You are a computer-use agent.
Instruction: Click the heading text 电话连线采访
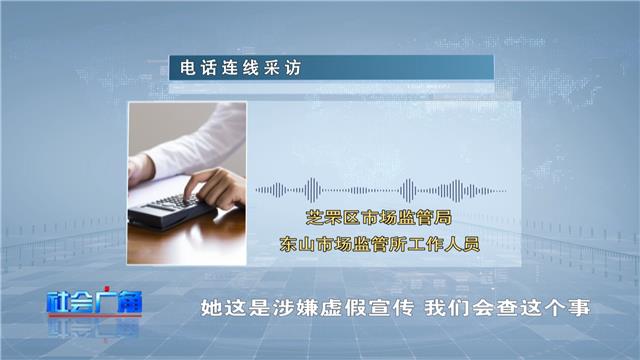pos(240,68)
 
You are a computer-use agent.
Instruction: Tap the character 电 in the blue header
pos(188,68)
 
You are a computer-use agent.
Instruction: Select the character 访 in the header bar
pos(293,68)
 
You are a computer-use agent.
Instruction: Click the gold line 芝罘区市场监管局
pos(379,218)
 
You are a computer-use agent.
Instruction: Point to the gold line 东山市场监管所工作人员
pos(380,244)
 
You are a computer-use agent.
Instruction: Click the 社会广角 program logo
pos(95,302)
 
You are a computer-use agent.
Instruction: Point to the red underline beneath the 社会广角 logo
pos(95,315)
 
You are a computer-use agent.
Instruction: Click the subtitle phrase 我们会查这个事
pos(507,308)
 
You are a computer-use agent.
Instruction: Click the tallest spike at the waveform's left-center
pos(312,190)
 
